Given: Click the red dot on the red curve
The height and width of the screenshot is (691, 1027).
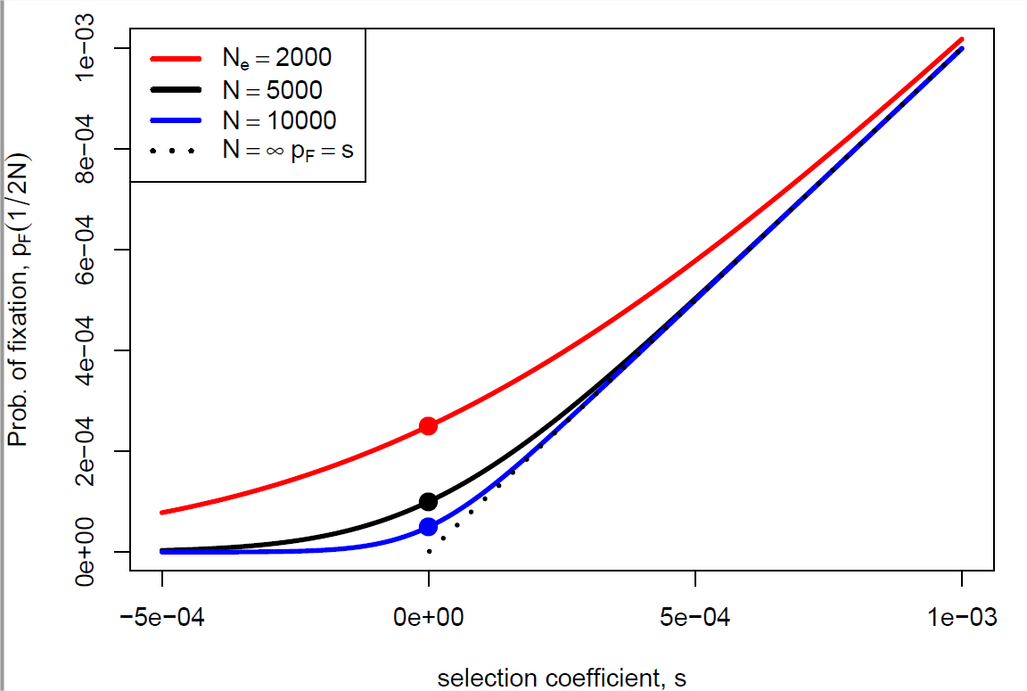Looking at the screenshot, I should [428, 425].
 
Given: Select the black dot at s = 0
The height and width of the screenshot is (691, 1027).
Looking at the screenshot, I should [428, 502].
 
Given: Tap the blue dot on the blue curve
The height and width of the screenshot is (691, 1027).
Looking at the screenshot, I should [428, 527].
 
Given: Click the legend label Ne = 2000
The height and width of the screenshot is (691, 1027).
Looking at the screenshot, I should [276, 59].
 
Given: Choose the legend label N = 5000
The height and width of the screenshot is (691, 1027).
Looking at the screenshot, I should [271, 90].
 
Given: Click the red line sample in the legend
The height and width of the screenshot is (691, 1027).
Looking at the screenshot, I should [179, 59].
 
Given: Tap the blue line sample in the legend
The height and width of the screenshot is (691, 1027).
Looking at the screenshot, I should [179, 120].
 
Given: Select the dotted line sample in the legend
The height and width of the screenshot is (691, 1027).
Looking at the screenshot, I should [179, 151].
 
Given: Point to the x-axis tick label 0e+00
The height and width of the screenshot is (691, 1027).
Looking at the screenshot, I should [428, 617].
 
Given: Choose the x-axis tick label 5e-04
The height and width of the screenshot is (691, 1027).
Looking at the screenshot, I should [694, 617].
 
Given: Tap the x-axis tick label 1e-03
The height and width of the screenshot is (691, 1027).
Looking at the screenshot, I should [961, 617].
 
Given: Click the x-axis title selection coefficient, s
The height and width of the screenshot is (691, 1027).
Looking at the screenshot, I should [562, 678].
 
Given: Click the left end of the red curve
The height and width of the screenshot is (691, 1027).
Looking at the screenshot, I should [163, 512].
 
